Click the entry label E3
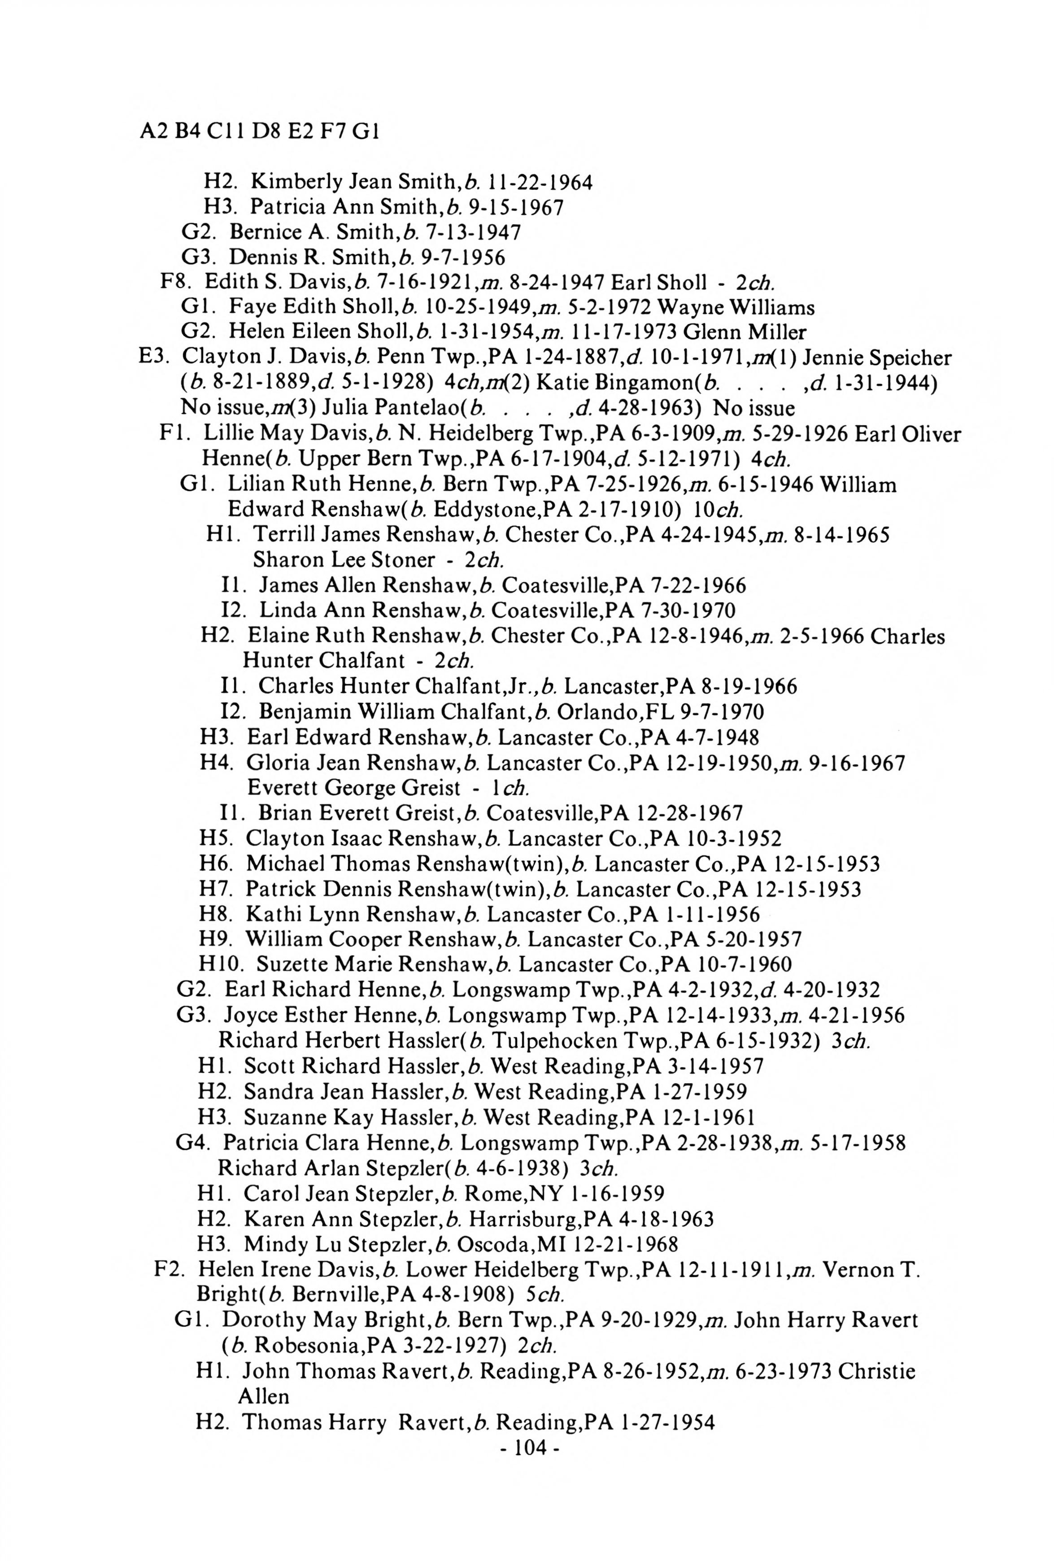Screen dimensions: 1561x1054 (x=151, y=358)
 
